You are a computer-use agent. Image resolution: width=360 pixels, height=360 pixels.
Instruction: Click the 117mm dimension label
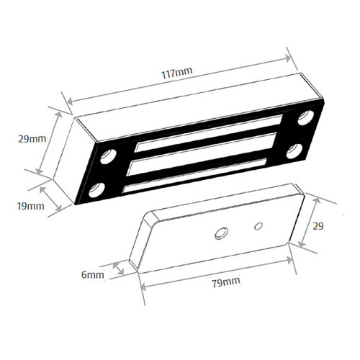(x=177, y=73)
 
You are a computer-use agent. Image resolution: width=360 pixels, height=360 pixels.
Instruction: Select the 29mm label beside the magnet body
(x=32, y=139)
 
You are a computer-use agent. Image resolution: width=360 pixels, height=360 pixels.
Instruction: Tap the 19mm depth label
(x=31, y=206)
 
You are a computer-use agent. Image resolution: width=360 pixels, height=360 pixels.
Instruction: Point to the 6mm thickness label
(x=93, y=275)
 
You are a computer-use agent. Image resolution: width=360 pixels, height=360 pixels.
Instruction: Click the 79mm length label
(x=225, y=282)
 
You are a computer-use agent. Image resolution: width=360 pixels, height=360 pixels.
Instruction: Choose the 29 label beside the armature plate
(x=318, y=226)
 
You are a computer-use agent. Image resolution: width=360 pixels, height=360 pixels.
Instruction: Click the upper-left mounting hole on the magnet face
(x=108, y=156)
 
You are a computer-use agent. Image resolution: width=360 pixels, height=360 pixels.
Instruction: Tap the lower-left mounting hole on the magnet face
(x=97, y=190)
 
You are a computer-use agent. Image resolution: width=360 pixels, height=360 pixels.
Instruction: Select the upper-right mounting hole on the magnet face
(x=306, y=118)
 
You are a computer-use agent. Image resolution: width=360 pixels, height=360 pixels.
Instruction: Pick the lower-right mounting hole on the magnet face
(x=294, y=151)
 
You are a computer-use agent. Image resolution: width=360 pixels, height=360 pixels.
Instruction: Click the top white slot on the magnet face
(x=208, y=133)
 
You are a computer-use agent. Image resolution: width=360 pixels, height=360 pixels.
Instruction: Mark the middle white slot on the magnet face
(x=200, y=154)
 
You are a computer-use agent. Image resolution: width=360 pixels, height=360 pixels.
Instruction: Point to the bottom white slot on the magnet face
(x=194, y=176)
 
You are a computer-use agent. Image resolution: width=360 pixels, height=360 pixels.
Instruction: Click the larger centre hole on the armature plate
(x=221, y=233)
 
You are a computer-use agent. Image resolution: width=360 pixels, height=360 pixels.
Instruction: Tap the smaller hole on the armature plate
(x=258, y=226)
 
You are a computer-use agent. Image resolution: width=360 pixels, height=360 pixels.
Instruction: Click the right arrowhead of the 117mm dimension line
(x=287, y=58)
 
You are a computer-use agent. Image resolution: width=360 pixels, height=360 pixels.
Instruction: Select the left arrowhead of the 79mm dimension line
(x=143, y=287)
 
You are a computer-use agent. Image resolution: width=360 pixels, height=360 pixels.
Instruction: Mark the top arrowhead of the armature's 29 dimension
(x=317, y=201)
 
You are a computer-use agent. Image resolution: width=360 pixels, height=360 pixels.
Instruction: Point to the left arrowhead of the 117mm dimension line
(x=70, y=102)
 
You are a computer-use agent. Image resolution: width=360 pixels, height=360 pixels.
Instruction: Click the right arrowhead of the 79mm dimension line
(x=289, y=260)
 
